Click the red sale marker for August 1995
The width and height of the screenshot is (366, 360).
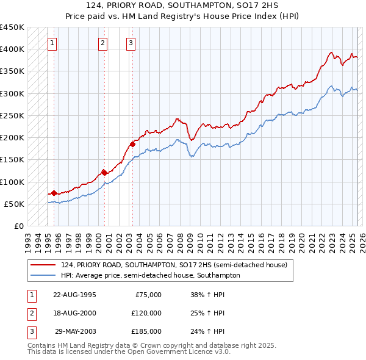pyautogui.click(x=54, y=193)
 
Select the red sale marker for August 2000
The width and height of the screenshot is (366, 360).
pyautogui.click(x=104, y=173)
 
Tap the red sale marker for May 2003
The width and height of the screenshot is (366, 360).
pyautogui.click(x=132, y=145)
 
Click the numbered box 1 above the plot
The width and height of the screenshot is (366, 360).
pyautogui.click(x=53, y=43)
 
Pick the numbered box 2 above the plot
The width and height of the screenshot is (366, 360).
pyautogui.click(x=103, y=43)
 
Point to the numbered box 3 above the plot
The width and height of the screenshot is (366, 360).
pyautogui.click(x=131, y=43)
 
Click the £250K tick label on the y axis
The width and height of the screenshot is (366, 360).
pyautogui.click(x=12, y=115)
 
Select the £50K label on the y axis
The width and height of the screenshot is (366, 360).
pyautogui.click(x=15, y=204)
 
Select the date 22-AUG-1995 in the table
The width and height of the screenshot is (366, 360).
pyautogui.click(x=75, y=295)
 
